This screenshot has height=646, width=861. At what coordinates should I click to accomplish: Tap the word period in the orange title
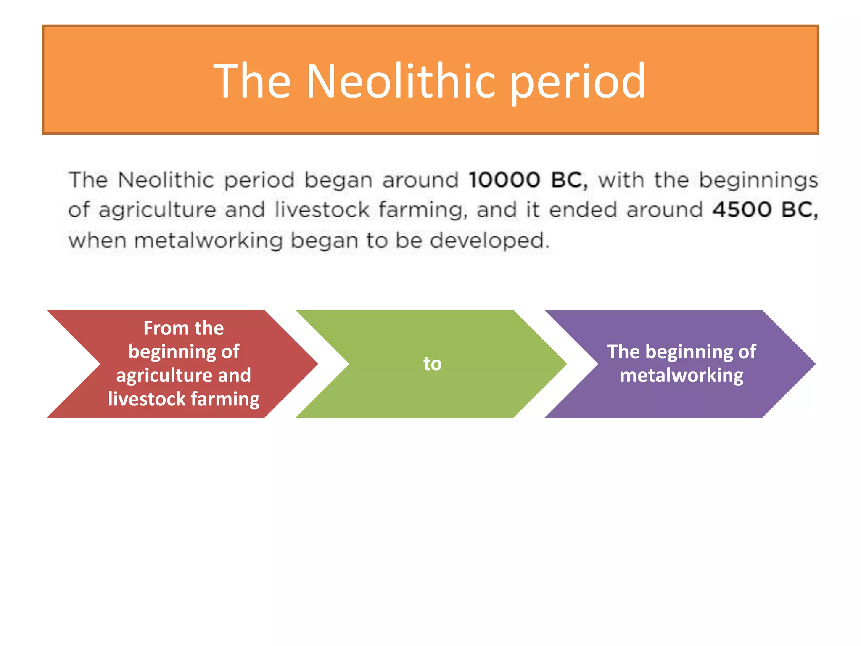(x=578, y=81)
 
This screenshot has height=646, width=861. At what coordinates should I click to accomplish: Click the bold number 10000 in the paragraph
(x=504, y=180)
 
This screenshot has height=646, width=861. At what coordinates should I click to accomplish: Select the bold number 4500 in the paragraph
(x=742, y=209)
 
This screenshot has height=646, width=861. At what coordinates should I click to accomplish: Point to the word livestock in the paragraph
(x=322, y=209)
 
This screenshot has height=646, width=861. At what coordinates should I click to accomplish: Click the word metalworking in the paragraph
(x=209, y=241)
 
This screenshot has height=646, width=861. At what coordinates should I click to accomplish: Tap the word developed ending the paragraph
(x=490, y=241)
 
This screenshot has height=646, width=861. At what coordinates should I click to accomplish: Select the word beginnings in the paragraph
(x=758, y=180)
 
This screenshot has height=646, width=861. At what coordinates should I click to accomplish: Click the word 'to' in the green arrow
(x=432, y=364)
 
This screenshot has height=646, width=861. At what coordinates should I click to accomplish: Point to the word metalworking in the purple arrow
(x=681, y=375)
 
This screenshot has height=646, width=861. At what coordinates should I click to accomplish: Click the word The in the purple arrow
(x=623, y=352)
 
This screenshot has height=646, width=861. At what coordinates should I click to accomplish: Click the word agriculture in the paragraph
(x=157, y=209)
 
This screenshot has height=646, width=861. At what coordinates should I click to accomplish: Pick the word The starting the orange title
(x=252, y=81)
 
